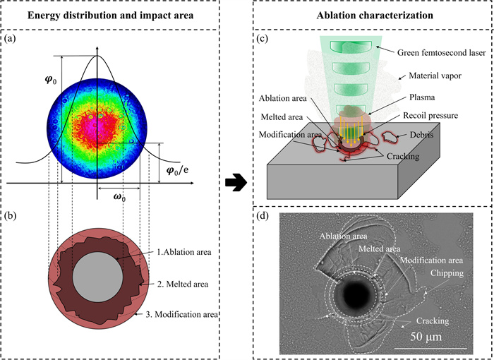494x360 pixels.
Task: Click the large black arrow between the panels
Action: click(x=234, y=184)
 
